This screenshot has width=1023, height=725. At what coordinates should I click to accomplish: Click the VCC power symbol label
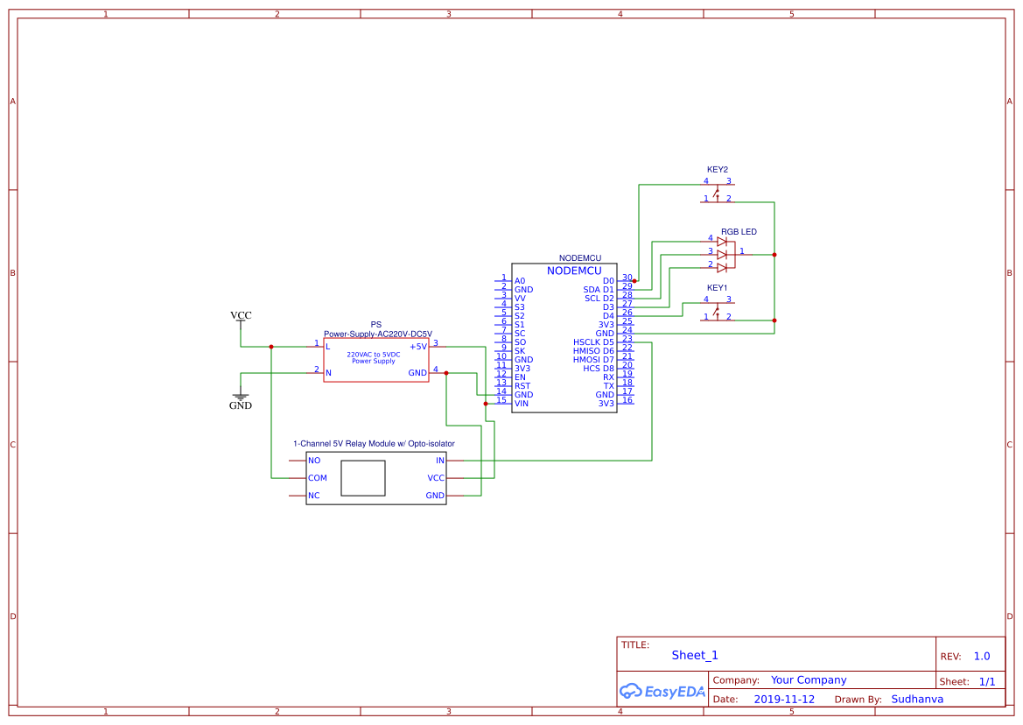tap(241, 315)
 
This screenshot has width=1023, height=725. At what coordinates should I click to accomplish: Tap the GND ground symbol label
tap(241, 406)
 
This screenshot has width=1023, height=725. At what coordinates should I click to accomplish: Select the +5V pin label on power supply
tap(417, 347)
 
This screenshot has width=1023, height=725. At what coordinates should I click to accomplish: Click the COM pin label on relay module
tap(317, 478)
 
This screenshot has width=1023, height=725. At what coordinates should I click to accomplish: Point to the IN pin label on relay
tap(440, 461)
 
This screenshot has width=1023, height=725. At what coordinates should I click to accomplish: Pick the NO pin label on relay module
tap(314, 461)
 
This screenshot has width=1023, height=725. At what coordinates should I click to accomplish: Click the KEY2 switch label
tap(718, 169)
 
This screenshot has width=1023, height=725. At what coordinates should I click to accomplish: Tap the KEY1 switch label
tap(718, 287)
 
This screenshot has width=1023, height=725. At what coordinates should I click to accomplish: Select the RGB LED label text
tap(739, 232)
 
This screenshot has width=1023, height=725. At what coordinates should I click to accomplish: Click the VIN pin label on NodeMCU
tap(522, 404)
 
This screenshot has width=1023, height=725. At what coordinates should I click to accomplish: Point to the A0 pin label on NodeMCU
tap(520, 281)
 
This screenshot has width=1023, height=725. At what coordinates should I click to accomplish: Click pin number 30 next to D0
tap(627, 278)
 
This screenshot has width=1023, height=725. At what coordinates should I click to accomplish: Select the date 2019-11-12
tap(784, 700)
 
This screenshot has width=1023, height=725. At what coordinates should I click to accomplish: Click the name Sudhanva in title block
tap(917, 700)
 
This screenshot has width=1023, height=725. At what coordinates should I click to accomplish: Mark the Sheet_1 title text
tap(695, 655)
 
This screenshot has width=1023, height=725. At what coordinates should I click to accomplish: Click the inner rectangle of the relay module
tap(362, 479)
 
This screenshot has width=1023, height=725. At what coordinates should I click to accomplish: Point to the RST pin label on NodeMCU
tap(522, 386)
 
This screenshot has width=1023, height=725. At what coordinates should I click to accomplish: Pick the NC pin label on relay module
tap(314, 496)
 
